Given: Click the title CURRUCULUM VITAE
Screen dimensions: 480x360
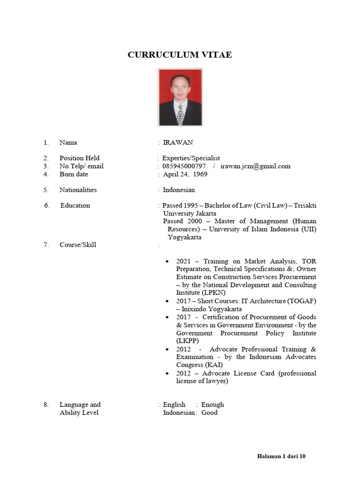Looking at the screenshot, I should (x=180, y=55).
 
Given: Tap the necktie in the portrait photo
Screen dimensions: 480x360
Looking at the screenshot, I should (x=180, y=114).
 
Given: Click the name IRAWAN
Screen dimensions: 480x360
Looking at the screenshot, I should (x=178, y=142).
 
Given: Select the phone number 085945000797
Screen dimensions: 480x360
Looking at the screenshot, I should (x=184, y=166).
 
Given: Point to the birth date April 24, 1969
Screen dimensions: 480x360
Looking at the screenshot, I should (x=185, y=174).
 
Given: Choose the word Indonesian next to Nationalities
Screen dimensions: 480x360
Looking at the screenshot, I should (x=179, y=190).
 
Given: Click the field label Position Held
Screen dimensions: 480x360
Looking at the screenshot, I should (x=79, y=158).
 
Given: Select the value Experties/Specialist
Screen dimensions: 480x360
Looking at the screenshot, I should (x=191, y=158).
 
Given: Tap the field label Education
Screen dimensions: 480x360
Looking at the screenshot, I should (x=75, y=205).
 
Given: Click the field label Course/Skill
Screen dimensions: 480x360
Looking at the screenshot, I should (x=78, y=245).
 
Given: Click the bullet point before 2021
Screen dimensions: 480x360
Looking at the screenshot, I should (x=167, y=261).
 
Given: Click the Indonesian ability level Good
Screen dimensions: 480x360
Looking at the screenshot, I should (x=210, y=412).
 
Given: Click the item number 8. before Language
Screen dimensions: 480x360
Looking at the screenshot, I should (x=46, y=405).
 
